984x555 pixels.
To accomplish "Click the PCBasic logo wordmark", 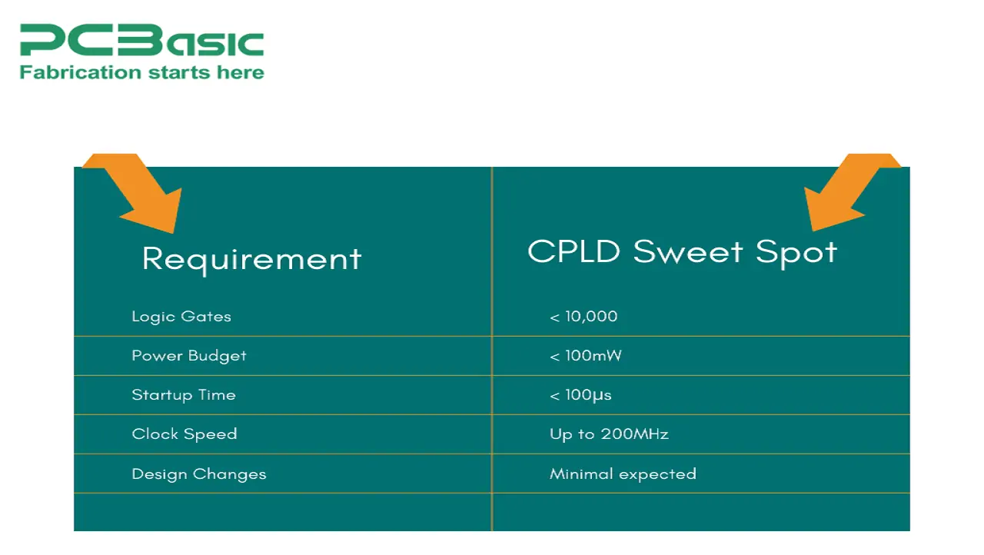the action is click(142, 40).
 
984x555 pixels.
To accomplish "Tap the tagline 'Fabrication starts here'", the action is click(142, 72).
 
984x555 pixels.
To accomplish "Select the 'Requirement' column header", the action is click(251, 260).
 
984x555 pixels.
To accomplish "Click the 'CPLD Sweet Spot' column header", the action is click(682, 253).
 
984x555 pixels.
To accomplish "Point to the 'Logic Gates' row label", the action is click(181, 317).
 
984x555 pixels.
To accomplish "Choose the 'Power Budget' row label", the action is click(189, 356).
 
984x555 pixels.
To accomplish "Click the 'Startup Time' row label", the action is click(184, 395).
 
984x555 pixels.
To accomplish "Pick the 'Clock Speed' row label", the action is click(184, 434).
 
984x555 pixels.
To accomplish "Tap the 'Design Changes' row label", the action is click(199, 474).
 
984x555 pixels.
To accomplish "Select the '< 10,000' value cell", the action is click(583, 317).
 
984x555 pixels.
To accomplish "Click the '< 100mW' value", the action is click(586, 356).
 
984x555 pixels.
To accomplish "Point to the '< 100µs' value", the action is click(580, 395).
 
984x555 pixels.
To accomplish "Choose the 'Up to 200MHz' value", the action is click(609, 434).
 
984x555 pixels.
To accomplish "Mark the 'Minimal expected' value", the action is click(623, 474).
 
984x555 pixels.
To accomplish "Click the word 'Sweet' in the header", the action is click(688, 252).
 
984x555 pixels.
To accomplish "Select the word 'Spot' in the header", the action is click(796, 254).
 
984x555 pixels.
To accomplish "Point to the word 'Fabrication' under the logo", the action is click(81, 72).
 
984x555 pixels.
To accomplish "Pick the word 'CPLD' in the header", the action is click(573, 251).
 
